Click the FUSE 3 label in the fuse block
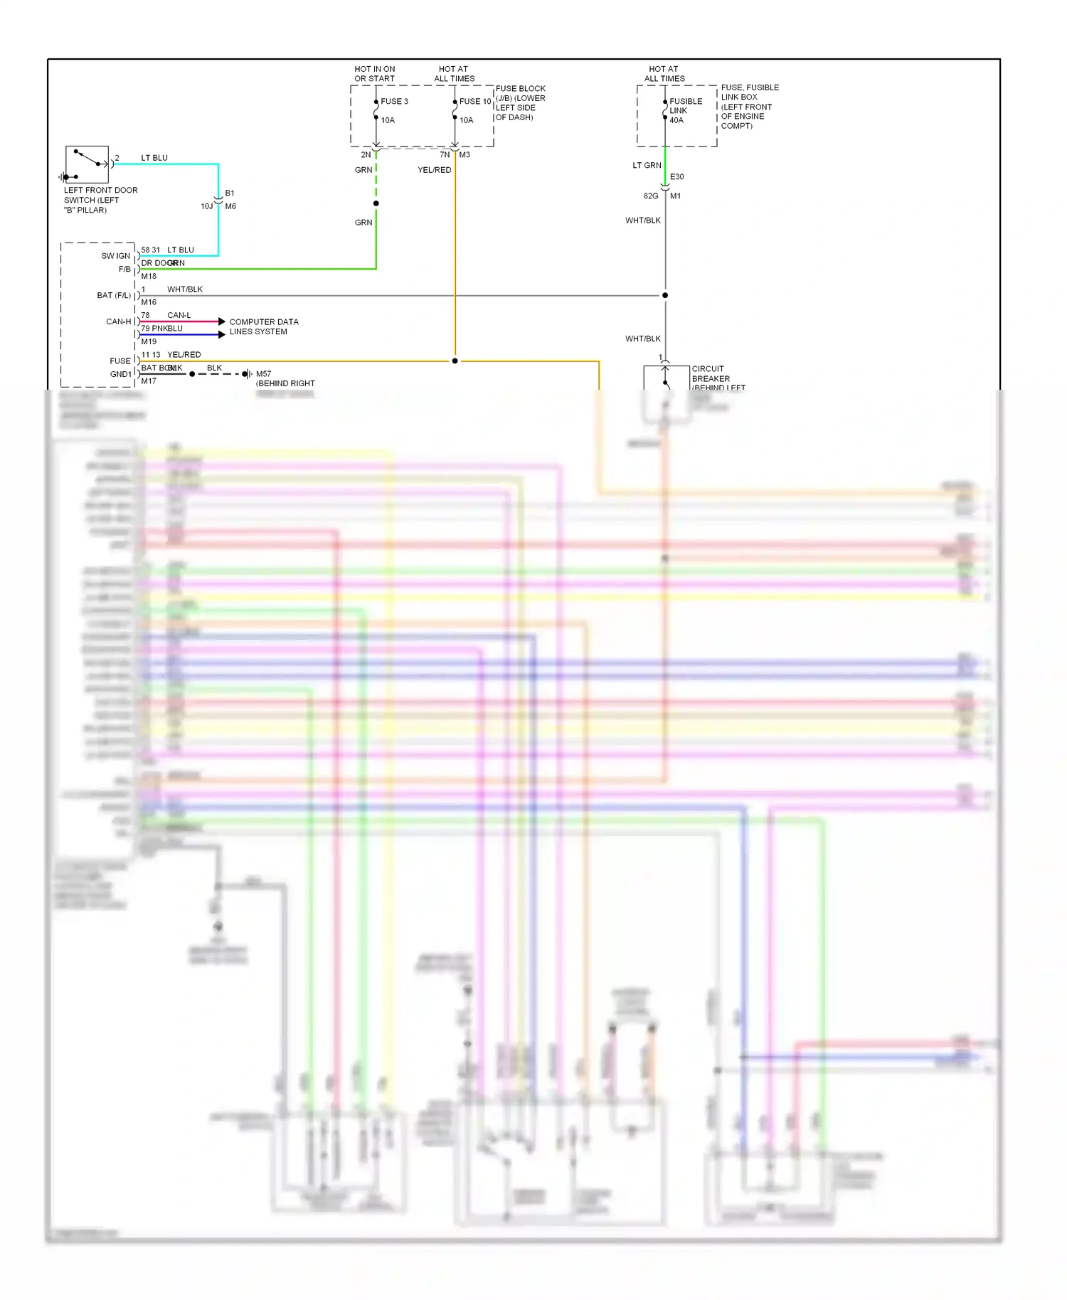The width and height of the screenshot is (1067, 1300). click(x=394, y=102)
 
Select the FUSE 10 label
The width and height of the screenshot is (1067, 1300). click(x=474, y=102)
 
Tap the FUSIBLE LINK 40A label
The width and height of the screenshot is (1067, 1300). click(x=685, y=111)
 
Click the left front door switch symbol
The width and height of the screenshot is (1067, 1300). click(x=87, y=164)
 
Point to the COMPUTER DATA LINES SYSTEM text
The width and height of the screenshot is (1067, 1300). click(x=263, y=327)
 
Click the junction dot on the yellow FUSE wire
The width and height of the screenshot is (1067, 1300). click(x=455, y=361)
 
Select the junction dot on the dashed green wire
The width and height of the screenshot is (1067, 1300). click(x=376, y=204)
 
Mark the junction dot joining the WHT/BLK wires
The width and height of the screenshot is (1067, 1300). click(x=665, y=295)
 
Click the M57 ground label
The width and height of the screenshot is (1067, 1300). click(x=263, y=374)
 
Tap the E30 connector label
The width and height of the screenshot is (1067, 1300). click(x=676, y=177)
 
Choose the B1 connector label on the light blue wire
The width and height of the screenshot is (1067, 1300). click(x=230, y=193)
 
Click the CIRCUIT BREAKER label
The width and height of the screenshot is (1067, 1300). click(x=710, y=374)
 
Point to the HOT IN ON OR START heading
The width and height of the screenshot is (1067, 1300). click(x=374, y=74)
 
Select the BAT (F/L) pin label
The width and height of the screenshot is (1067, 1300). click(x=114, y=296)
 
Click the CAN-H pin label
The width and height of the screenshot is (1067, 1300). click(x=118, y=322)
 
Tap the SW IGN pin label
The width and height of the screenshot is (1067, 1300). click(x=115, y=256)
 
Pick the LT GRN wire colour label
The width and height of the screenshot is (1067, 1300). click(x=647, y=166)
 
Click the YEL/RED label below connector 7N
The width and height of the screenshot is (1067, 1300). click(x=434, y=171)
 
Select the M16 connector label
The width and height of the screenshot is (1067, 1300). click(x=149, y=303)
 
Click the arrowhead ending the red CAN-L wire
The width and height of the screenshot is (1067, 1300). click(x=222, y=322)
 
